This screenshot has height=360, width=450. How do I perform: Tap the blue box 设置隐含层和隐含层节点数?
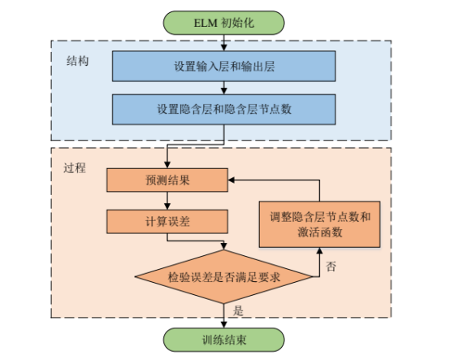coord(223,108)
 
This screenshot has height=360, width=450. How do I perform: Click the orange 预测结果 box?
coord(167,180)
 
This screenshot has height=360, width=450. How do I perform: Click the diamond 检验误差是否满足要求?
coord(223,277)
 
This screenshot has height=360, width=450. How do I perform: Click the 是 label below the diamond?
coord(237,310)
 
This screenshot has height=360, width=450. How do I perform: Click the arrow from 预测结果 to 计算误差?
coord(167,200)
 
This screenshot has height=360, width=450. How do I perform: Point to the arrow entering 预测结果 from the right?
coord(244,180)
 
